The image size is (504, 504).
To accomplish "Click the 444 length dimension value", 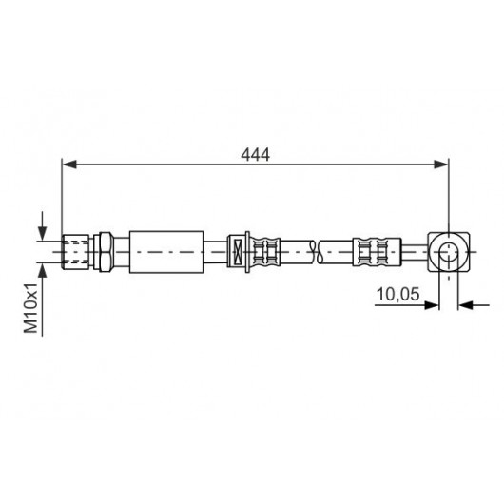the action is pyautogui.click(x=255, y=155).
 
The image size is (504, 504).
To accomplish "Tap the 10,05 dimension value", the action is pyautogui.click(x=397, y=294).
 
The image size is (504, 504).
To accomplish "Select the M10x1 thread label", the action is pyautogui.click(x=31, y=308).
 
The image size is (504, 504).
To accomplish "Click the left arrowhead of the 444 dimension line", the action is pyautogui.click(x=69, y=165).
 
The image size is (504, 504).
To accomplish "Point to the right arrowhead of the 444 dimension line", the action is pyautogui.click(x=440, y=165).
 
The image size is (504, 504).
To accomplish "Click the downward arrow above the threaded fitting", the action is pyautogui.click(x=42, y=225).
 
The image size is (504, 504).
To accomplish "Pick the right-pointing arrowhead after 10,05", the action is pyautogui.click(x=432, y=305).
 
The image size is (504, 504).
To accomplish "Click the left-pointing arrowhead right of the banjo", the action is pyautogui.click(x=465, y=305).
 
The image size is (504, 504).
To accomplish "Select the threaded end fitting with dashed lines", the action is pyautogui.click(x=75, y=252).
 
